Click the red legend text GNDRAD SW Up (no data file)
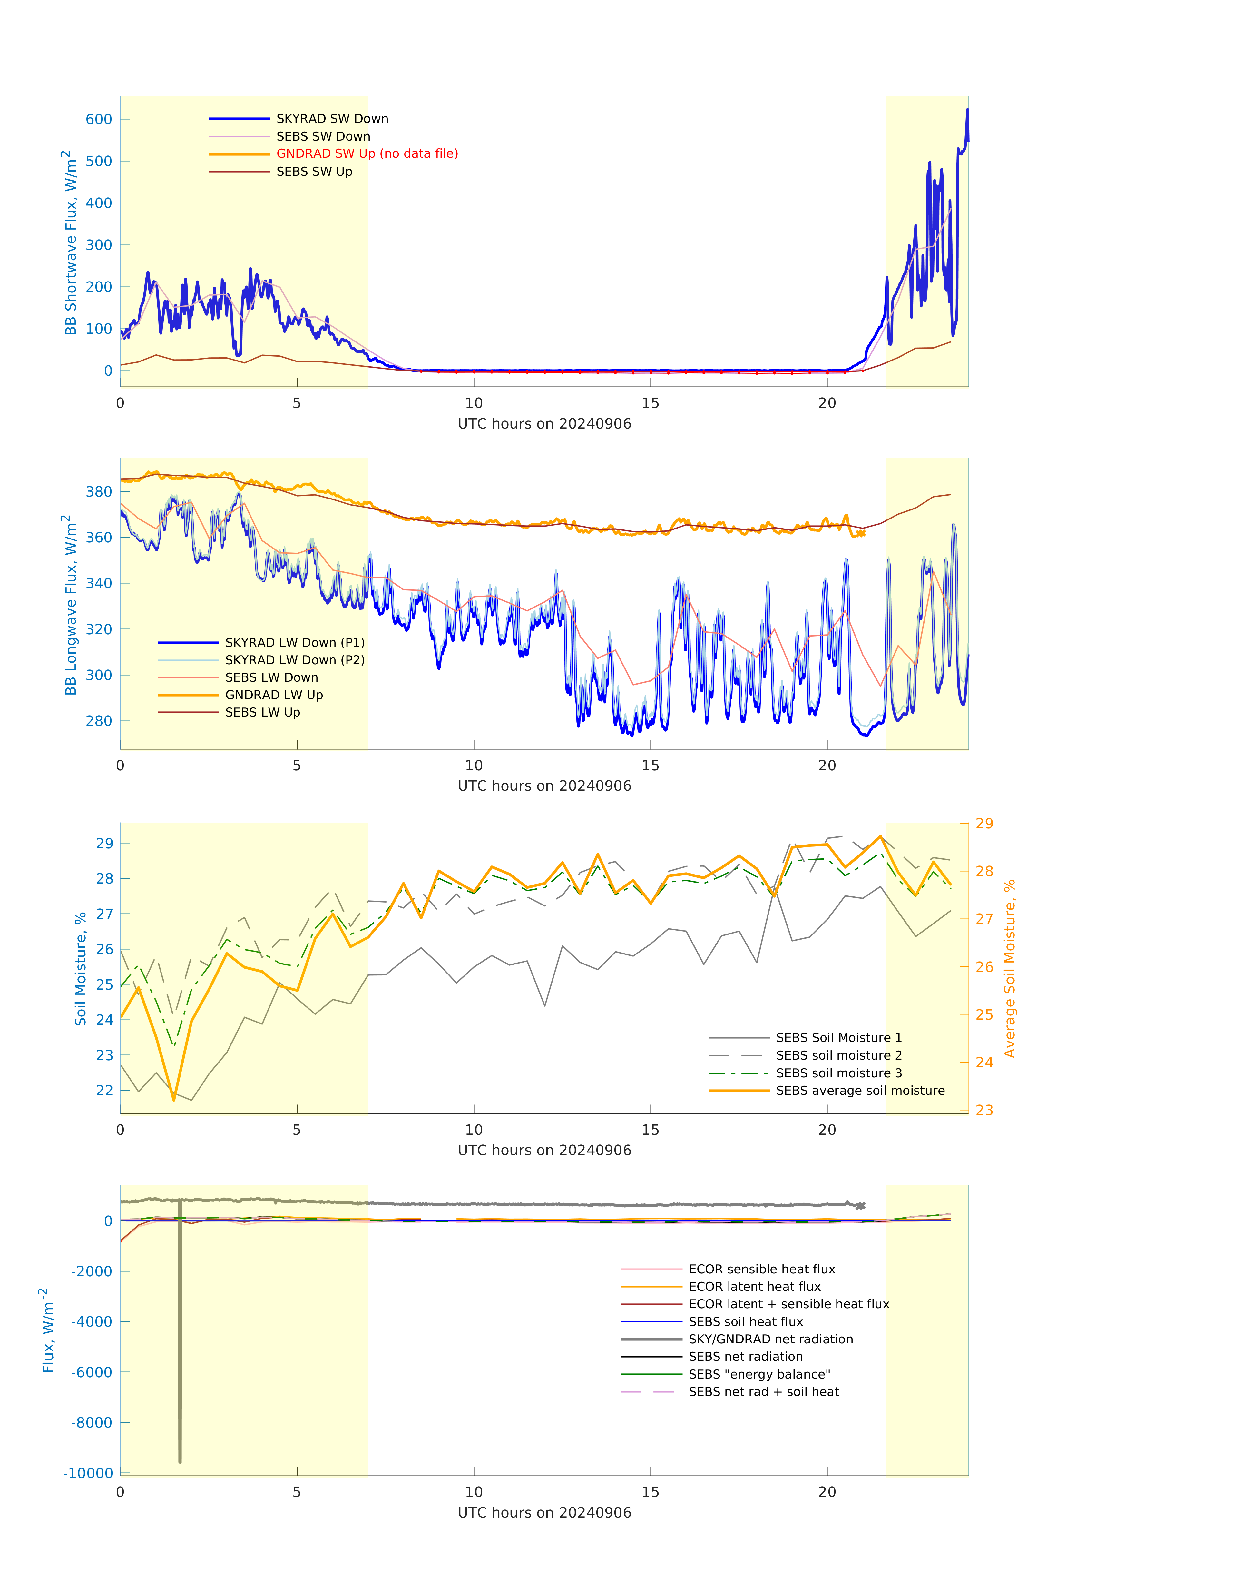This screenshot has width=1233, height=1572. coord(367,154)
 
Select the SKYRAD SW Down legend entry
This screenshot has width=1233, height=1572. coord(332,118)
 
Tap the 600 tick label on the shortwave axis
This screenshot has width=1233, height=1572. coord(99,119)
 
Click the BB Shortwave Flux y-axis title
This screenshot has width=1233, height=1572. coord(70,242)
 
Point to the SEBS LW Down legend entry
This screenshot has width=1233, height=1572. coord(271,677)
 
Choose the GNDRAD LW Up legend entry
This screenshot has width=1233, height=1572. coord(274,695)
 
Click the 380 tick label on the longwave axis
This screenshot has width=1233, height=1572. coord(99,492)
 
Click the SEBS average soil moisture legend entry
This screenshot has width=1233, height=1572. coord(860,1090)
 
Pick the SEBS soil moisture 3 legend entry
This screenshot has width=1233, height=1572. coord(839,1073)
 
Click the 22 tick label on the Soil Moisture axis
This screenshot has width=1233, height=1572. coord(105,1090)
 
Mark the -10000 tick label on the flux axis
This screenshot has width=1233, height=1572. coord(88,1473)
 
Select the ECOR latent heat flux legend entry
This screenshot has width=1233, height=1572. coord(754,1287)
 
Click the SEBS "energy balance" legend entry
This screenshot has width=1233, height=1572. coord(759,1374)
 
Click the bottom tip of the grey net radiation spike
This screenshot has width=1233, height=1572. coord(180,1462)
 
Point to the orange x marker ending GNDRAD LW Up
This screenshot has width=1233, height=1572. coord(860,534)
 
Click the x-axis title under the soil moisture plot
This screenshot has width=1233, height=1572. coord(544,1150)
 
